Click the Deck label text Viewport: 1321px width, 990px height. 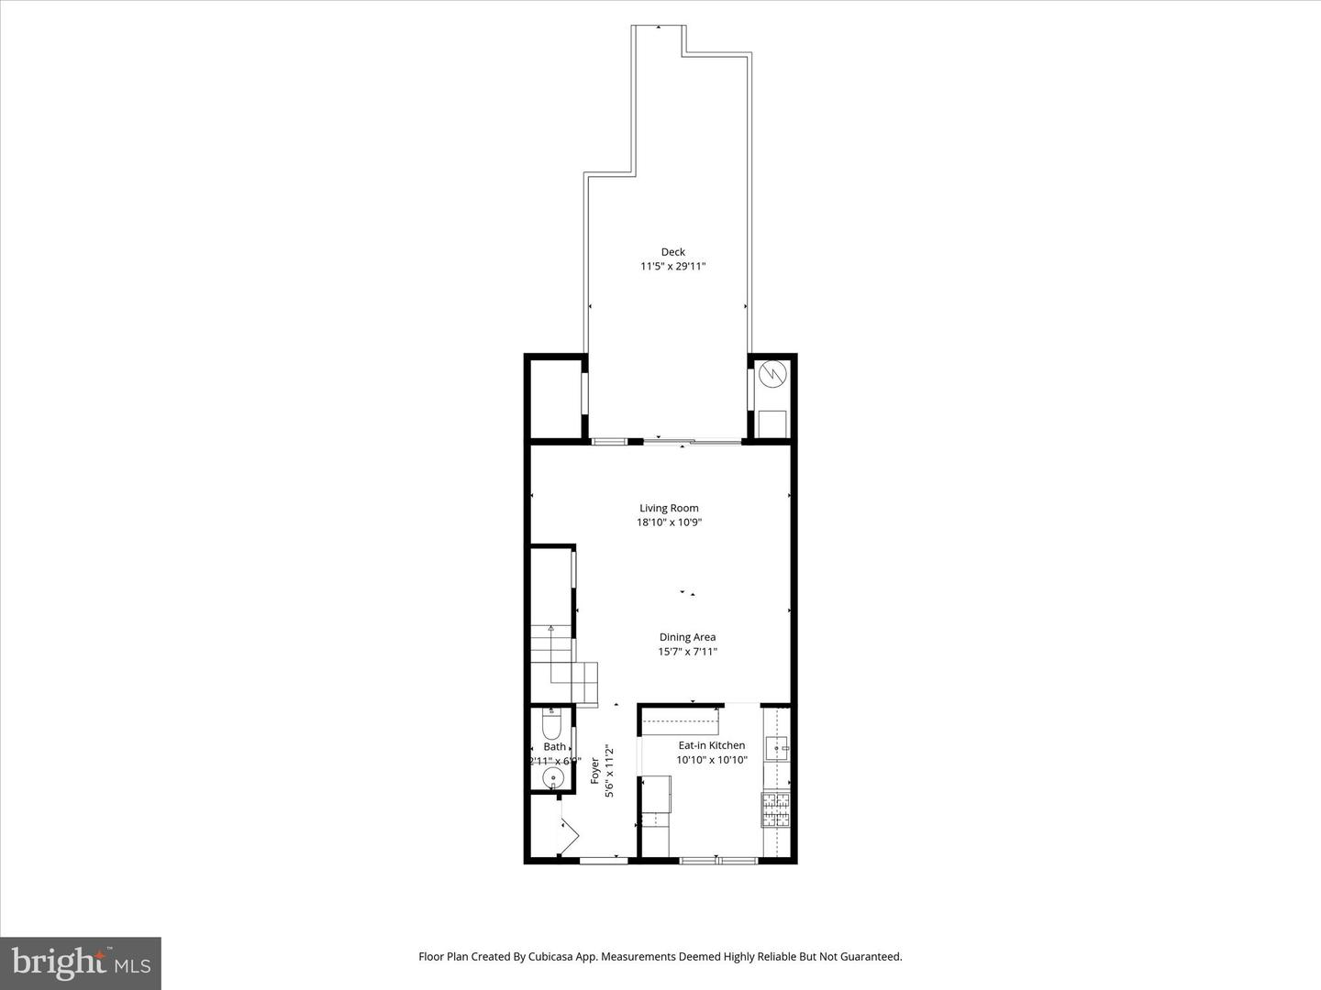pyautogui.click(x=673, y=252)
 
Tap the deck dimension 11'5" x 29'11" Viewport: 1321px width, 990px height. pyautogui.click(x=673, y=267)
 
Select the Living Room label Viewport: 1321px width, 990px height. pyautogui.click(x=669, y=508)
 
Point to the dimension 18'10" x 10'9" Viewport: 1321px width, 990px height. pyautogui.click(x=669, y=522)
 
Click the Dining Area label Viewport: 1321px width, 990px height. pyautogui.click(x=687, y=637)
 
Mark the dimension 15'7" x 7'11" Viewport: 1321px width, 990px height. pyautogui.click(x=687, y=652)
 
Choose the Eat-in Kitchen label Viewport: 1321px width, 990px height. pyautogui.click(x=712, y=745)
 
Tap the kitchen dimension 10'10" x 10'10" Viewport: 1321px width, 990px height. pyautogui.click(x=712, y=760)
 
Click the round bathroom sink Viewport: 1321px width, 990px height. pyautogui.click(x=552, y=779)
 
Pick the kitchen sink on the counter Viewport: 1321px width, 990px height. pyautogui.click(x=776, y=749)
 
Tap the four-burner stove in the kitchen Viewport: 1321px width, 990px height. pyautogui.click(x=776, y=810)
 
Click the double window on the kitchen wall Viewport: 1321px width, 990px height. pyautogui.click(x=718, y=860)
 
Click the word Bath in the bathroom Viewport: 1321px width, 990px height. pyautogui.click(x=554, y=747)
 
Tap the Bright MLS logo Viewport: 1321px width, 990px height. pyautogui.click(x=81, y=962)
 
